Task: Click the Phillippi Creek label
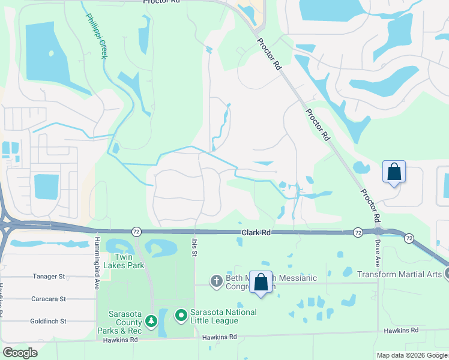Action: [94, 36]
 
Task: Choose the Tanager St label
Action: [48, 276]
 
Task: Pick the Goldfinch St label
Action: [47, 321]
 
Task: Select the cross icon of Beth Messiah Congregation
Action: [216, 281]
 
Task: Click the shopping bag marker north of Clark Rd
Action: [394, 172]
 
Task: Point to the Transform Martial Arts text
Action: [400, 274]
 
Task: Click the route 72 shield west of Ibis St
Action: [136, 231]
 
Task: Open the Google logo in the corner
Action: [20, 353]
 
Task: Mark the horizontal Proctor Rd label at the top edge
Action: [162, 2]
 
